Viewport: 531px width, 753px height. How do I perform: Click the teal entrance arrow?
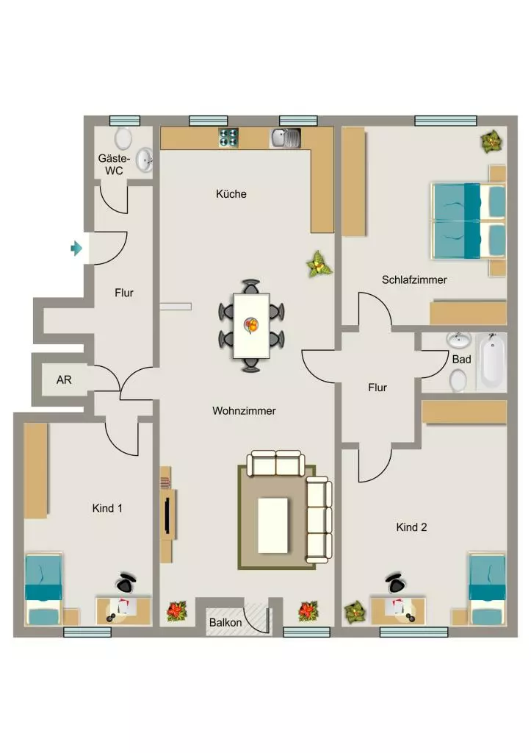(x=76, y=249)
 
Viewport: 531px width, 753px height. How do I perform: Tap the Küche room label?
(x=231, y=194)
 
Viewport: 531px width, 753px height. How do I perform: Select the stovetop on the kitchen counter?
(x=229, y=138)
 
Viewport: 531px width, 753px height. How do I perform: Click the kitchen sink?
(x=286, y=138)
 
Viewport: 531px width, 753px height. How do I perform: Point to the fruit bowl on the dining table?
(x=251, y=324)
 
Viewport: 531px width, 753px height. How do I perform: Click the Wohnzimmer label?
(x=244, y=411)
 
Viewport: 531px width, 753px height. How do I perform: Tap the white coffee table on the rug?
(x=273, y=525)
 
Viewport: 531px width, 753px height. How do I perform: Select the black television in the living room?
(x=167, y=515)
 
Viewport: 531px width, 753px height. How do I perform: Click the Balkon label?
(x=225, y=622)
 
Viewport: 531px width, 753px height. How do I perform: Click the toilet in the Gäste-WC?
(x=123, y=138)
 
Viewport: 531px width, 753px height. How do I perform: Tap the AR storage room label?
(x=64, y=380)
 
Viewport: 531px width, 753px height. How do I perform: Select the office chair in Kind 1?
(x=126, y=582)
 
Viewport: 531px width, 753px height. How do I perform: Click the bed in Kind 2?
(x=487, y=589)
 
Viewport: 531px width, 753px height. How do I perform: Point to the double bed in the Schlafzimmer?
(x=469, y=221)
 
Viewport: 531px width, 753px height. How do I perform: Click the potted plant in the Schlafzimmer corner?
(x=491, y=142)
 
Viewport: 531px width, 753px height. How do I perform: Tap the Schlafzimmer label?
(x=414, y=280)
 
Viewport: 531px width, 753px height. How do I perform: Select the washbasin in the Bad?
(x=458, y=340)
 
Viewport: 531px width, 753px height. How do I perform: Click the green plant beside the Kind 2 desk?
(x=355, y=612)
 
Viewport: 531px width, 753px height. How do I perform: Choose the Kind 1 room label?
(x=107, y=508)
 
